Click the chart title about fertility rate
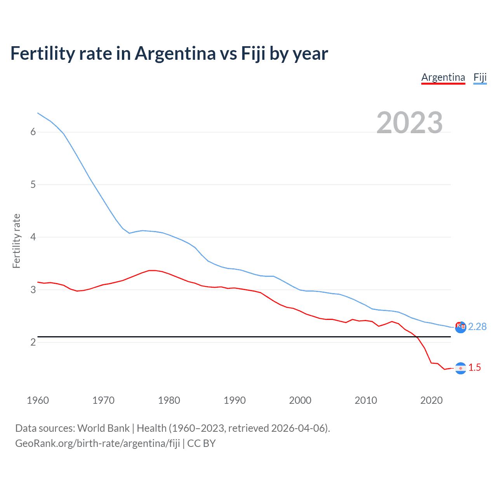[x=169, y=54]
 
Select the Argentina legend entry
[x=443, y=77]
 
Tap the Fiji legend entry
[x=480, y=77]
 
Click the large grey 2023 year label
[x=410, y=123]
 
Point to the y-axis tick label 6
[x=33, y=132]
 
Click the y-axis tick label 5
[x=33, y=184]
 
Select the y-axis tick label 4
[x=33, y=237]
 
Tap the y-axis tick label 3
[x=33, y=290]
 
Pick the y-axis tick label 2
[x=33, y=342]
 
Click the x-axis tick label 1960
[x=38, y=400]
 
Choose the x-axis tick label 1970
[x=103, y=400]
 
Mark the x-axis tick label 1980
[x=169, y=400]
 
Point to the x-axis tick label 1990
[x=235, y=400]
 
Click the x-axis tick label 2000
[x=300, y=400]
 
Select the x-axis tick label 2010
[x=366, y=400]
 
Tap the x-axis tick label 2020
[x=431, y=400]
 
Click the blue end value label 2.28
[x=477, y=327]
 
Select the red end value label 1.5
[x=474, y=368]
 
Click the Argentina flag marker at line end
[x=461, y=368]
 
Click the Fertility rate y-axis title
[x=16, y=241]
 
